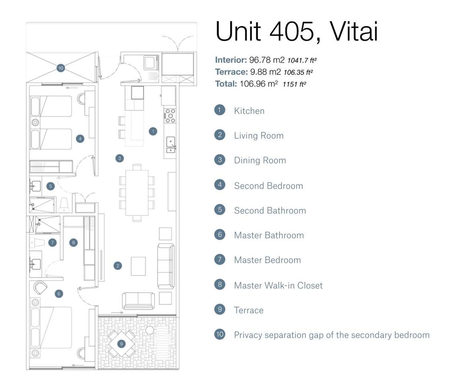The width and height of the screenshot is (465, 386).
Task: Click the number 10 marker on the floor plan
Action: tap(60, 68)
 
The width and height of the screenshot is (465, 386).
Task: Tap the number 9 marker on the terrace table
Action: tap(121, 344)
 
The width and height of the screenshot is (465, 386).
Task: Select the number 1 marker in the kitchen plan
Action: tap(152, 131)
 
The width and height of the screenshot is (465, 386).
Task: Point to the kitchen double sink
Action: tap(170, 145)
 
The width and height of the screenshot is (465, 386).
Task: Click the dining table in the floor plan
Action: tap(137, 193)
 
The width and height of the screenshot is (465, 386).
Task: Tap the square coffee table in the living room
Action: tap(139, 266)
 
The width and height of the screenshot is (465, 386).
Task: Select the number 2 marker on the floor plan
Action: tap(117, 266)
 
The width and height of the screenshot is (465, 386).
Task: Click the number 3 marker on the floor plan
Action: tap(119, 158)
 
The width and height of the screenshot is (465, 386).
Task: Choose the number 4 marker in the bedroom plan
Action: tap(80, 139)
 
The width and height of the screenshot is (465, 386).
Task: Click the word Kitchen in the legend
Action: tap(249, 111)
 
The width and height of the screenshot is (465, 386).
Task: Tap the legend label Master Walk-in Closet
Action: tap(278, 285)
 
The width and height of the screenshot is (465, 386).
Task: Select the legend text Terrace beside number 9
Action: tap(249, 310)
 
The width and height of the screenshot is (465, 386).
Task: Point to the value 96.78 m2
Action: tap(267, 60)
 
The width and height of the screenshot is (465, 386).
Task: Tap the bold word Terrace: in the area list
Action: tap(231, 72)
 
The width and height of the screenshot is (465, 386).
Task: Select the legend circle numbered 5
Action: tap(220, 210)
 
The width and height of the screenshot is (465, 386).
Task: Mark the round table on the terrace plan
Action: tap(150, 330)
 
